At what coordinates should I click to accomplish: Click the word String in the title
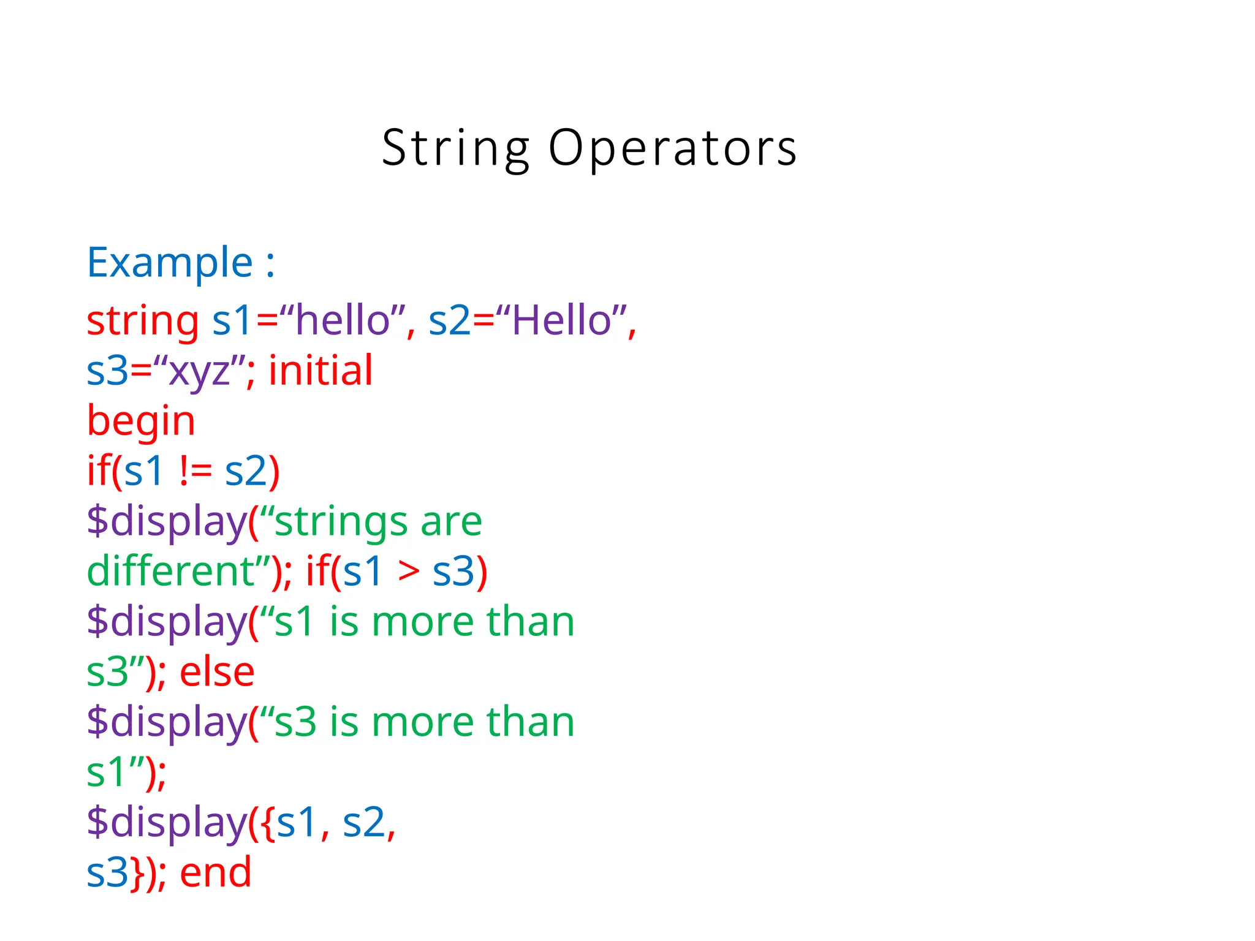tap(455, 149)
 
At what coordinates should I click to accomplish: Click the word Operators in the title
tap(672, 149)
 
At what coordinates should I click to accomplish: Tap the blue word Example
tap(170, 263)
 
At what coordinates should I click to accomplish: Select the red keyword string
tap(142, 321)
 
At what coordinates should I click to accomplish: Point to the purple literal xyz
tap(199, 372)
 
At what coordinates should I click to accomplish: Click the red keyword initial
tap(320, 371)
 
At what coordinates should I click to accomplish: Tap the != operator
tap(195, 472)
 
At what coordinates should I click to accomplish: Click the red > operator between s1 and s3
tap(409, 572)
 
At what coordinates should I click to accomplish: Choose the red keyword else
tap(217, 672)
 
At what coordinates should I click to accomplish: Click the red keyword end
tap(216, 872)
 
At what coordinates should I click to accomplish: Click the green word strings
tap(341, 523)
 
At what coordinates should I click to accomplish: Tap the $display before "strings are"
tap(166, 523)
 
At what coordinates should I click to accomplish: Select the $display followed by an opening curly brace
tap(166, 823)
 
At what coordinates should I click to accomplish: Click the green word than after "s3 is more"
tap(530, 722)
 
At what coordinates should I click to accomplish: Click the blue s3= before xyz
tap(119, 372)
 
